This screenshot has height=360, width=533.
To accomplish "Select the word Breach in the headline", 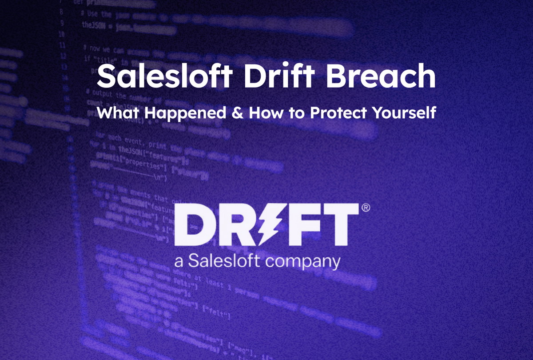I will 382,77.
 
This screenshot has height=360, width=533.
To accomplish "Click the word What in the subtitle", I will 117,112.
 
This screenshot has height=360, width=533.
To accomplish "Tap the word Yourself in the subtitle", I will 403,113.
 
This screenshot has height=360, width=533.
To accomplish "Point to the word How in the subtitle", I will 265,112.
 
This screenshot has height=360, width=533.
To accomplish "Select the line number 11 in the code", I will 63,45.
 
